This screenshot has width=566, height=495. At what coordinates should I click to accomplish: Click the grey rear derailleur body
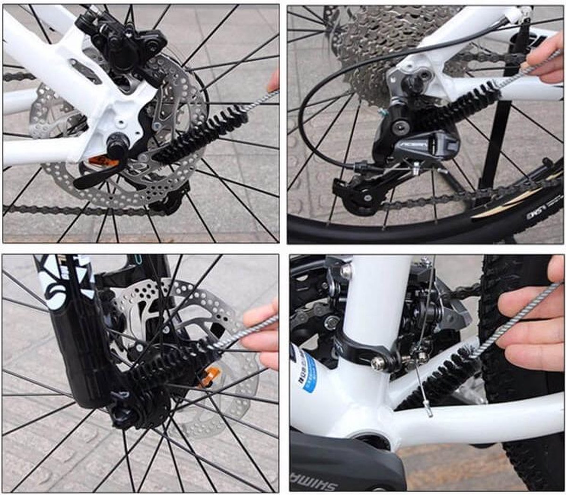click(427, 144)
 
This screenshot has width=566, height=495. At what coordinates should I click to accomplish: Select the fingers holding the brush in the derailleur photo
click(547, 59)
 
